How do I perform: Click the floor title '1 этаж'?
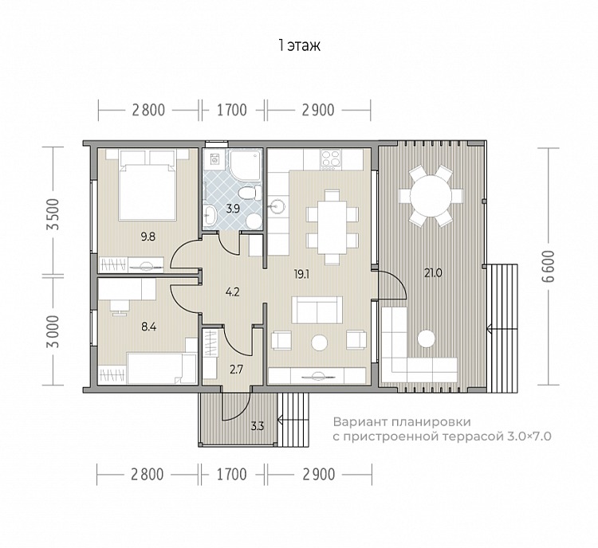(299, 45)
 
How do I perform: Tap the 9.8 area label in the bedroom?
(148, 237)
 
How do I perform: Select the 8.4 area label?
(149, 327)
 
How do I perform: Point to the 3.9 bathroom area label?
(233, 209)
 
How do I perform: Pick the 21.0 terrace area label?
(433, 273)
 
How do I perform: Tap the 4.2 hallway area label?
(232, 292)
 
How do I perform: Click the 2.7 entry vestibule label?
(237, 370)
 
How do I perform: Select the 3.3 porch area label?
(258, 425)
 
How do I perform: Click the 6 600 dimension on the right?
(548, 266)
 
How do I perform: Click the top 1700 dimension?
(232, 110)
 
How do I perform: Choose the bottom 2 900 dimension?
(319, 475)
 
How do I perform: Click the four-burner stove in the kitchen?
(330, 159)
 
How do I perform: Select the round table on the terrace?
(431, 196)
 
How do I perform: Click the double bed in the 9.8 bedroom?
(148, 186)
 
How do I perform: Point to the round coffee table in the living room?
(319, 342)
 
